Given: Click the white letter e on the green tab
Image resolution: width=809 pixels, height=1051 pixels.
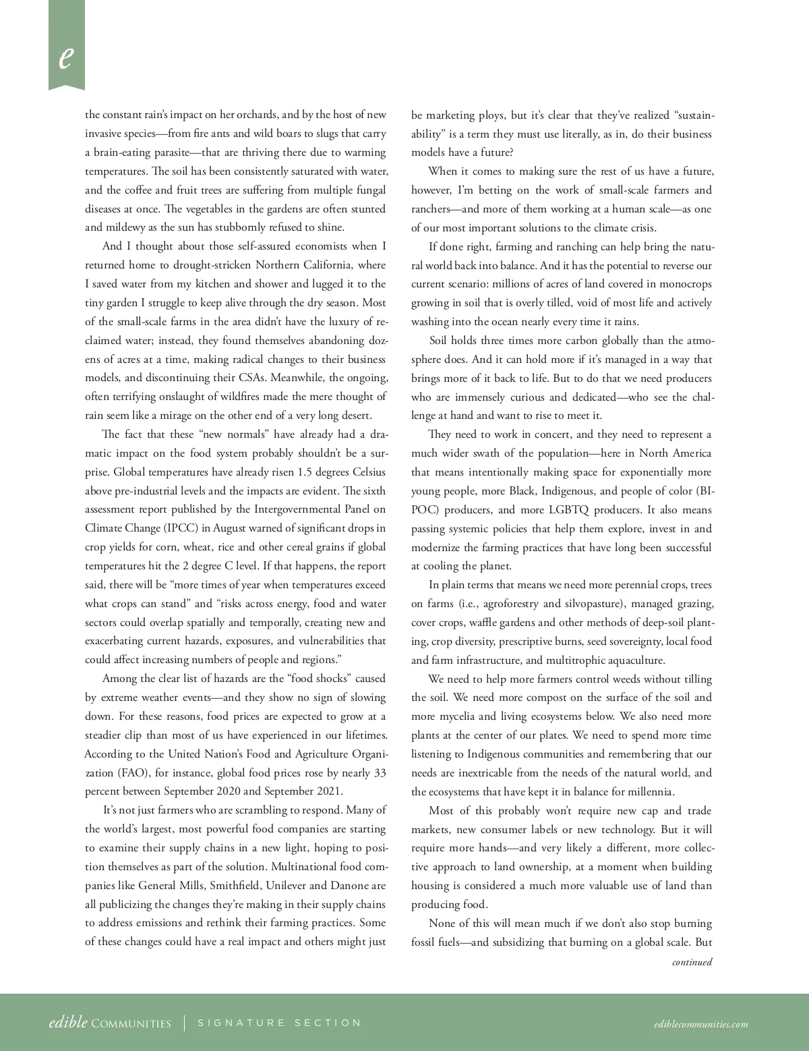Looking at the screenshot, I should [65, 57].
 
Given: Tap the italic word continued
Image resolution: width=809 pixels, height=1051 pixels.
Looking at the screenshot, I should [692, 962].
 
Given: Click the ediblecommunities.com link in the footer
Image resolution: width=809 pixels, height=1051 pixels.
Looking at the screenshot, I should [700, 1024].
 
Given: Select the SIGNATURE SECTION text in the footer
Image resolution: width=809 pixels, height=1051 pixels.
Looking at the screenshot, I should [280, 1023].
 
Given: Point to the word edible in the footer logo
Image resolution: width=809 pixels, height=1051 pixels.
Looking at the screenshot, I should [68, 1022].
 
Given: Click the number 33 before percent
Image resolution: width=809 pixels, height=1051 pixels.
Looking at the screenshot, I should [380, 772].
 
